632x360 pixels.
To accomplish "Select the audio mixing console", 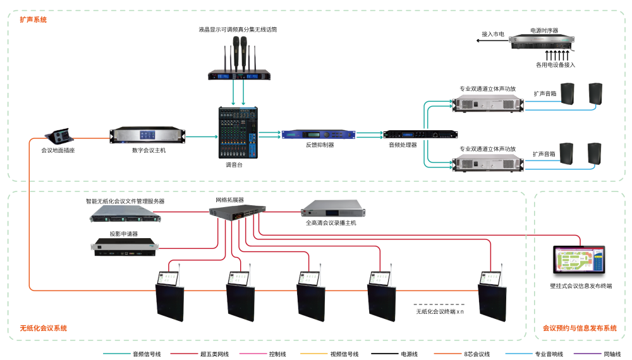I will (x=238, y=132).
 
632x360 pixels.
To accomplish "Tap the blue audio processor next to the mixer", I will (x=318, y=134).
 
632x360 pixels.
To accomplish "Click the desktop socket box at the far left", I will (x=61, y=136).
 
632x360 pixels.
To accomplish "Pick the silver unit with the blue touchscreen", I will (x=149, y=135).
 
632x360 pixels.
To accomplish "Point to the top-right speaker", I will (x=595, y=93).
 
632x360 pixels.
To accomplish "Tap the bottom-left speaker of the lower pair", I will (x=566, y=153).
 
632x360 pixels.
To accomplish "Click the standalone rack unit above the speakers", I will (x=542, y=42).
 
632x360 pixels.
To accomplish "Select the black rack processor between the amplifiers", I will (x=420, y=135).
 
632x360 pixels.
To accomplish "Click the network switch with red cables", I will (x=238, y=213).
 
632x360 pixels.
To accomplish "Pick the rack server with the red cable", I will (x=125, y=214).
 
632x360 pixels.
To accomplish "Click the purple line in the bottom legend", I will (x=587, y=353).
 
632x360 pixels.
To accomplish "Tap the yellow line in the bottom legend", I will (x=313, y=353).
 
